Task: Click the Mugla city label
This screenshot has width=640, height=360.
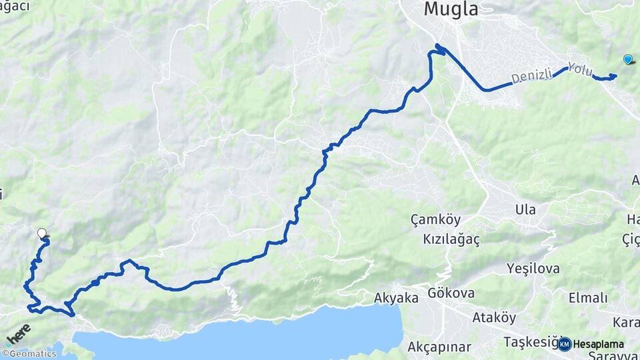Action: [x=452, y=9]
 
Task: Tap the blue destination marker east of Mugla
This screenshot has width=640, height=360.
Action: [x=627, y=59]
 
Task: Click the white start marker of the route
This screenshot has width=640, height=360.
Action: [x=42, y=233]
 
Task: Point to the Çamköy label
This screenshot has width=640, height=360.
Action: [x=435, y=219]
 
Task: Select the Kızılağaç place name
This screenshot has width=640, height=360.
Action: [x=451, y=238]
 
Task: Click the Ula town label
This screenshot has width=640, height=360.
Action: [x=525, y=209]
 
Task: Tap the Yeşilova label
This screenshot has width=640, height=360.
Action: [x=533, y=269]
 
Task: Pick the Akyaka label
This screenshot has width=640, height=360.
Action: [x=396, y=298]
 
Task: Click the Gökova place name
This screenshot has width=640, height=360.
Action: [x=451, y=293]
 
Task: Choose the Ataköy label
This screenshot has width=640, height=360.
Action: [x=494, y=317]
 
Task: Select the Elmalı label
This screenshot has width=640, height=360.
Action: [x=588, y=298]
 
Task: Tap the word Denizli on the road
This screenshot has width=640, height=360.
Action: [x=533, y=77]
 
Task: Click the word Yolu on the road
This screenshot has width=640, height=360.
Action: [x=579, y=68]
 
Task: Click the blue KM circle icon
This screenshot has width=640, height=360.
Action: [x=565, y=344]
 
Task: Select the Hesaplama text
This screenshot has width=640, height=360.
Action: [x=599, y=344]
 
